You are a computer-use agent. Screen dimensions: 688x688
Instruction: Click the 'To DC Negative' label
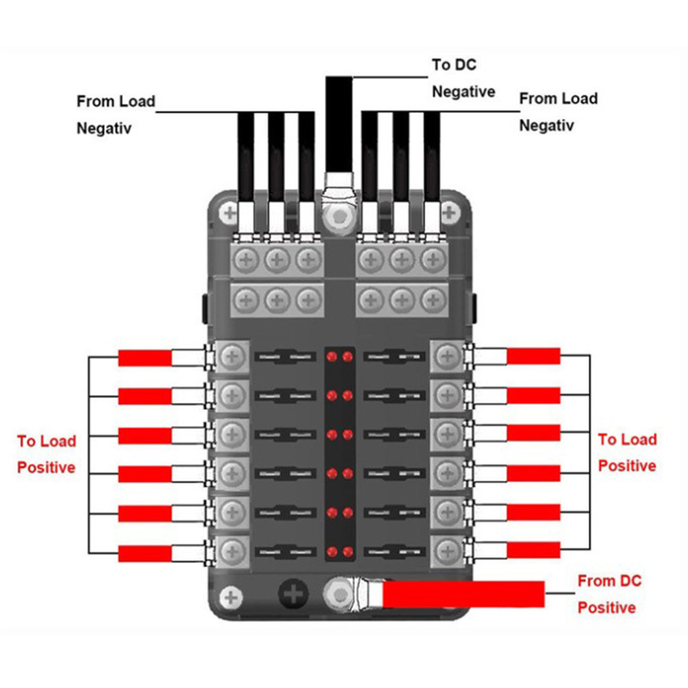coord(463,78)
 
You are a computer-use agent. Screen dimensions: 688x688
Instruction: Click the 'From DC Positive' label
coord(609,595)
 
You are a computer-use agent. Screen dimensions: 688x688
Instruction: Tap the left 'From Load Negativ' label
coord(115,115)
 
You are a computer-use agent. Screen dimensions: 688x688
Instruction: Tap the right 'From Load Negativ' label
coord(558,112)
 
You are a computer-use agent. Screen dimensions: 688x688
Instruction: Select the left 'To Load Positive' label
coord(47,454)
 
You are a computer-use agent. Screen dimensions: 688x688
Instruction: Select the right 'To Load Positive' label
coord(627,452)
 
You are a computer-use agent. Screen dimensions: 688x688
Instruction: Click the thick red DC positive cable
coord(463,594)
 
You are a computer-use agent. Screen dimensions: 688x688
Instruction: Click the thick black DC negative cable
coord(338,124)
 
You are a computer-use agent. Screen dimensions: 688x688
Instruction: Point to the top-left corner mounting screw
coord(229,214)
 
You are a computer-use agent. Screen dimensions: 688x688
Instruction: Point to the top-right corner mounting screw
coord(450,214)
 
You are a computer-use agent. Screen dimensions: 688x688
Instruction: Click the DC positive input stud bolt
coord(339,592)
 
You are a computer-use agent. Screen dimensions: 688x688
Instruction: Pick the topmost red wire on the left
coord(145,358)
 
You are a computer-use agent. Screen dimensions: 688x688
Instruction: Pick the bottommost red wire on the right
coord(534,550)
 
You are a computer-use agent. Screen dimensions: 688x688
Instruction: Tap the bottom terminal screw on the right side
coord(449,549)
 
